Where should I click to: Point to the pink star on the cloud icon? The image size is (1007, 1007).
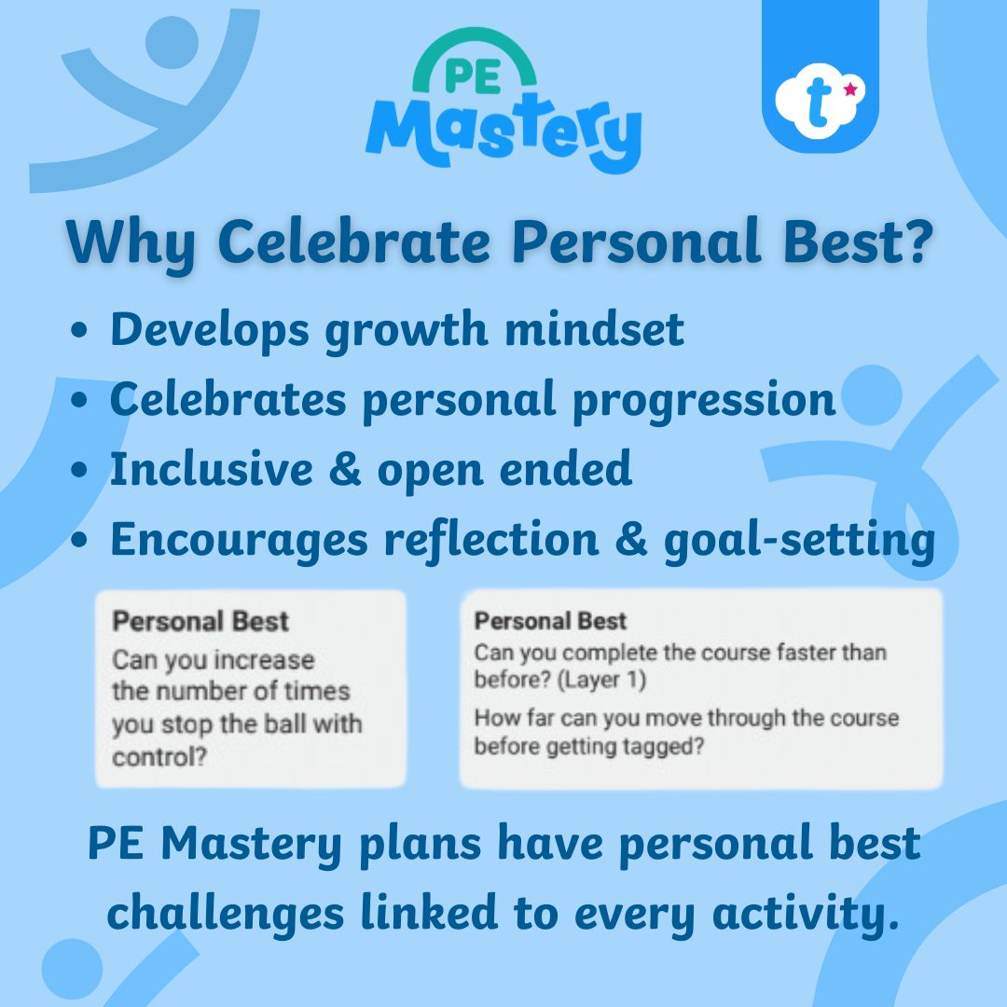[x=850, y=90]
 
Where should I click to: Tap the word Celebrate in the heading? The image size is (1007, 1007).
[x=354, y=243]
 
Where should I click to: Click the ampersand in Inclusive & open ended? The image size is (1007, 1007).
[x=341, y=469]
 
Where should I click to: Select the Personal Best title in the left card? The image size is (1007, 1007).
[x=200, y=622]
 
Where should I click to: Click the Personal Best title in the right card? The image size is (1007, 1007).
[x=550, y=622]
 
